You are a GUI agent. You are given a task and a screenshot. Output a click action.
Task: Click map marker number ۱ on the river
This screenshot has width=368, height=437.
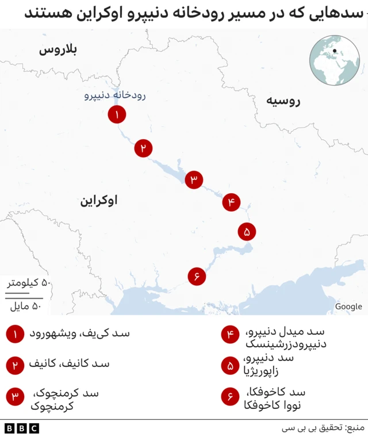coord(117,115)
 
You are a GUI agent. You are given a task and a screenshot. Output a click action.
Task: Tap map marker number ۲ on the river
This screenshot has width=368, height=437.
coord(143,148)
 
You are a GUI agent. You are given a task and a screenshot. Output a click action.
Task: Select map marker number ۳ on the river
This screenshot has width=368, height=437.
coord(194,180)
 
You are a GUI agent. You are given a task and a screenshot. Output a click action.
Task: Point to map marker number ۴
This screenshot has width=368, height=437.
coord(231,202)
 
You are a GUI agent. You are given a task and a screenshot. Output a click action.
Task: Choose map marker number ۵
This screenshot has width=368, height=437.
coord(247,232)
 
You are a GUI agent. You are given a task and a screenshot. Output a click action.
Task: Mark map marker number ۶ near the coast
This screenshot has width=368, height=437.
coord(197,277)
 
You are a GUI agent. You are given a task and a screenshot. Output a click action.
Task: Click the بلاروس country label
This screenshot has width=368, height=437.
coord(58,51)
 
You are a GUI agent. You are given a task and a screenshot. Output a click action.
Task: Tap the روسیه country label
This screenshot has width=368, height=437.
coord(283,102)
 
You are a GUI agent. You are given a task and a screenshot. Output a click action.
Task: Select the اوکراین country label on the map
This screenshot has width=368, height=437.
coord(98,201)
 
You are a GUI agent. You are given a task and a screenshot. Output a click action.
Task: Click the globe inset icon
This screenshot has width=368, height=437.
coord(335,60)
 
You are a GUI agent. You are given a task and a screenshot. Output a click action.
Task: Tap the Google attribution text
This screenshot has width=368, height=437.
coord(348,306)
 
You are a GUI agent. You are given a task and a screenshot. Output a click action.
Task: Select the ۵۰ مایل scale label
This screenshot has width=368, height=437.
coord(27,306)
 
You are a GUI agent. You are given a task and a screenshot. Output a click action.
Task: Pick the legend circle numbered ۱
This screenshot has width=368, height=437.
coord(15,334)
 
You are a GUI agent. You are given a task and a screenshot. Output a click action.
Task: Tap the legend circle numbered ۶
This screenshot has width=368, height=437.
coord(230,397)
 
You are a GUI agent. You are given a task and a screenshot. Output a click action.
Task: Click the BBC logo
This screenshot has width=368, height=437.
coord(21,428)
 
